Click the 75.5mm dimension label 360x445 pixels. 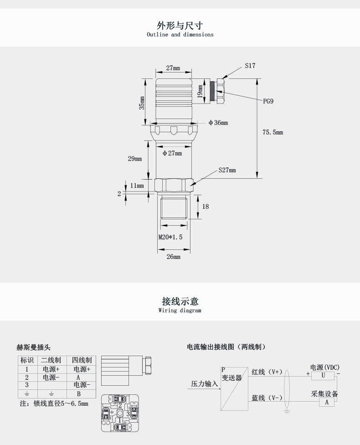tap(273, 132)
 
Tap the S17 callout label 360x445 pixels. tap(250, 66)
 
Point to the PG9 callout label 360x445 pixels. tap(268, 101)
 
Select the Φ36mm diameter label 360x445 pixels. tap(218, 123)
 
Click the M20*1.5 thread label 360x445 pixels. tap(170, 237)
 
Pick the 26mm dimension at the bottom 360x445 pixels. tap(173, 257)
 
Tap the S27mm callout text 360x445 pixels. tap(227, 170)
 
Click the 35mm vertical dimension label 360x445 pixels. tap(142, 103)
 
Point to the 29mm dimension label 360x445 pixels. tap(134, 159)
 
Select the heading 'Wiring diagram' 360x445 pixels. tap(180, 310)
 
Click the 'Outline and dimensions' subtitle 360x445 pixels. tap(180, 34)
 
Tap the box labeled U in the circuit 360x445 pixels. tap(323, 375)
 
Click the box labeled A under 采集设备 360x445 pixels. tap(327, 402)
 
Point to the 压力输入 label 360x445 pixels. tap(205, 384)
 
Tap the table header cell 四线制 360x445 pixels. tap(82, 360)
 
